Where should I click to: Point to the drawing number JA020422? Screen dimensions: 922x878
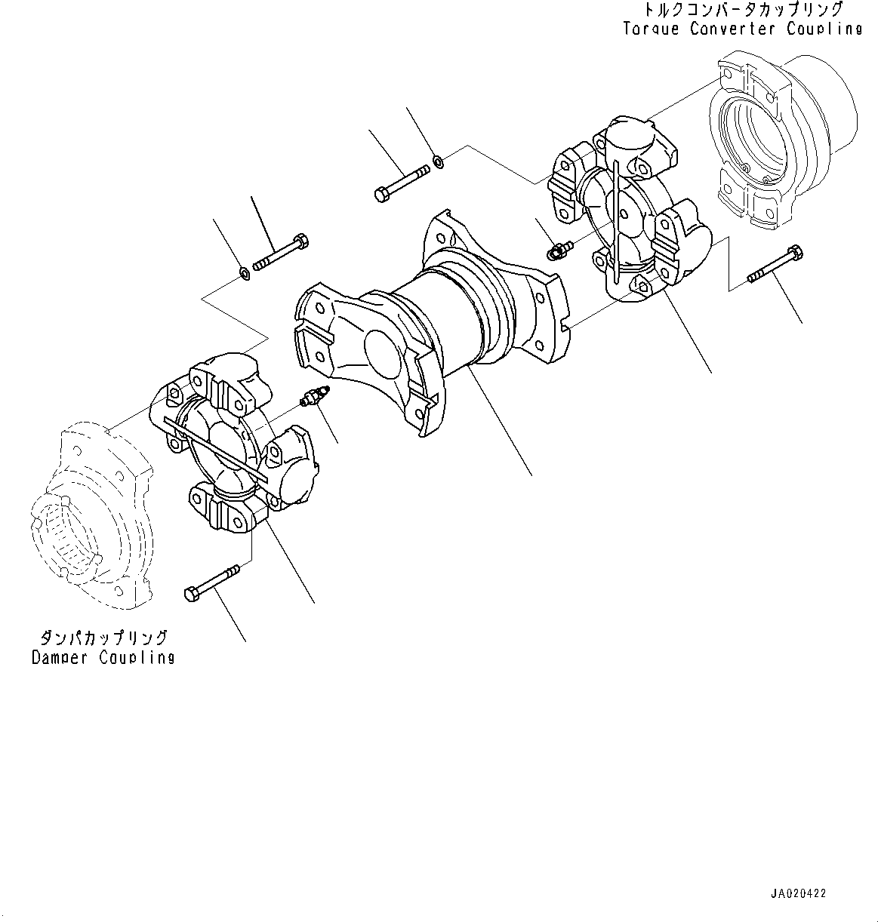(798, 893)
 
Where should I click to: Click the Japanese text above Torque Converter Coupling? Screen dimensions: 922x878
(742, 11)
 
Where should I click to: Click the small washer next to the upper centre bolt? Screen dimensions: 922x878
(439, 160)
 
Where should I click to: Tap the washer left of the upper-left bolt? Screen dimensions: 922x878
(245, 272)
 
